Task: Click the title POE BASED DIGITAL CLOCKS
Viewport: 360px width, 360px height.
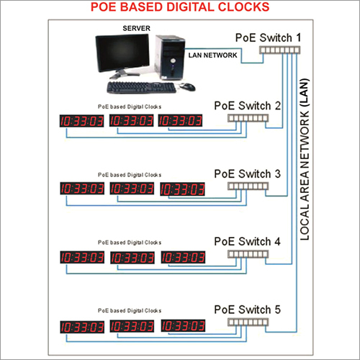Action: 180,8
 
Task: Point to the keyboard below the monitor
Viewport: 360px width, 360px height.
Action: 141,88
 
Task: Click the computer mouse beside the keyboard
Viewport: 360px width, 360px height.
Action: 187,86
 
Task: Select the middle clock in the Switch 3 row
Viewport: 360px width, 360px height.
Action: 132,189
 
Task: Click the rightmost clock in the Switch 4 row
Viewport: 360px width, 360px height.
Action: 182,257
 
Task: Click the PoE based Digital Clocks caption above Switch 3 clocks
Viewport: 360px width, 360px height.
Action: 130,175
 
